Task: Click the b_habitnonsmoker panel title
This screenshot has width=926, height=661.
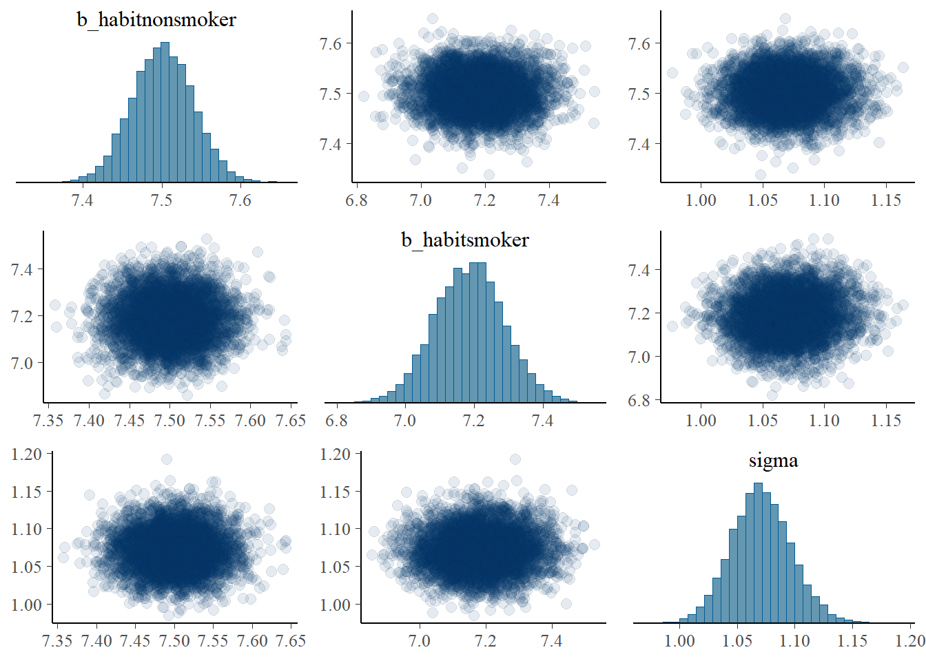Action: pos(156,19)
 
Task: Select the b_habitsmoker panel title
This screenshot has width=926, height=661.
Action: pos(465,240)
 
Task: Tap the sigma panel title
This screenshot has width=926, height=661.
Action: pos(773,460)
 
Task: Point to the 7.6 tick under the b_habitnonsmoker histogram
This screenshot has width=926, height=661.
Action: pos(240,200)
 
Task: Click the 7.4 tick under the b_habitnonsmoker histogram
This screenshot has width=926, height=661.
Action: pos(83,200)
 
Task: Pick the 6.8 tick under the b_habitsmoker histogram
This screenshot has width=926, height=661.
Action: pos(336,421)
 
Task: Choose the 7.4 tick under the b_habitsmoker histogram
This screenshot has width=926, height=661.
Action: pos(543,421)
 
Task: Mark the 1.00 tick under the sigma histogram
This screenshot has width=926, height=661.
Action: pos(679,641)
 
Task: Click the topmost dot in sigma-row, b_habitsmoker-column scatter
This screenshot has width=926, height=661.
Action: pos(515,459)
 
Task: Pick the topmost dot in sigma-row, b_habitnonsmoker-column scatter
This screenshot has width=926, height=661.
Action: pos(166,459)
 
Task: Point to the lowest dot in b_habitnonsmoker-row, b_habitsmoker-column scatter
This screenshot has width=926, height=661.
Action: pos(489,175)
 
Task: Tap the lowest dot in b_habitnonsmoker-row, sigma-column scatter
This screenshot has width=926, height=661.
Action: pos(761,175)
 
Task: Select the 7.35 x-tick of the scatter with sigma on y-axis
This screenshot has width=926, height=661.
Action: pos(56,641)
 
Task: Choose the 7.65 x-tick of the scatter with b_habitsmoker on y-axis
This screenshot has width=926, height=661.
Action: pos(290,421)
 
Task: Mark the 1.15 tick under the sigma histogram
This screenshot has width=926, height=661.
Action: pos(852,641)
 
